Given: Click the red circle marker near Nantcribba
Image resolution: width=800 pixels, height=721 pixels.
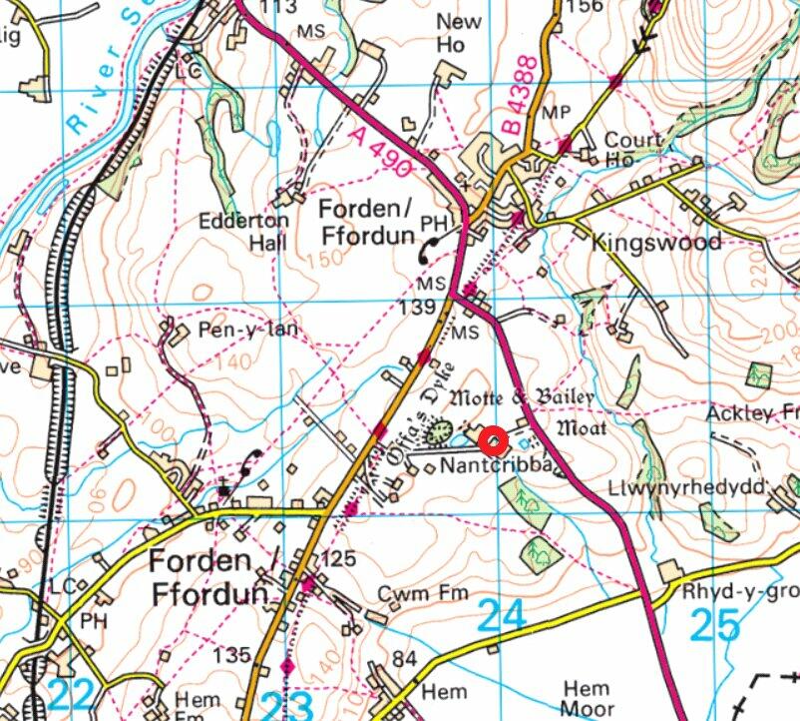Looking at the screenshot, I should point(494,440).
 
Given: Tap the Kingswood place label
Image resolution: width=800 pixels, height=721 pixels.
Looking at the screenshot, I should point(655,243).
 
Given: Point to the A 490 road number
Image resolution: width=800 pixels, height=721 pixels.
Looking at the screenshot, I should point(379,152).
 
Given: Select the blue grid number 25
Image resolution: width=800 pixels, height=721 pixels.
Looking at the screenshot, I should point(715,625).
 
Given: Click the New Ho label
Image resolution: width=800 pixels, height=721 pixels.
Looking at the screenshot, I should point(459,33).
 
